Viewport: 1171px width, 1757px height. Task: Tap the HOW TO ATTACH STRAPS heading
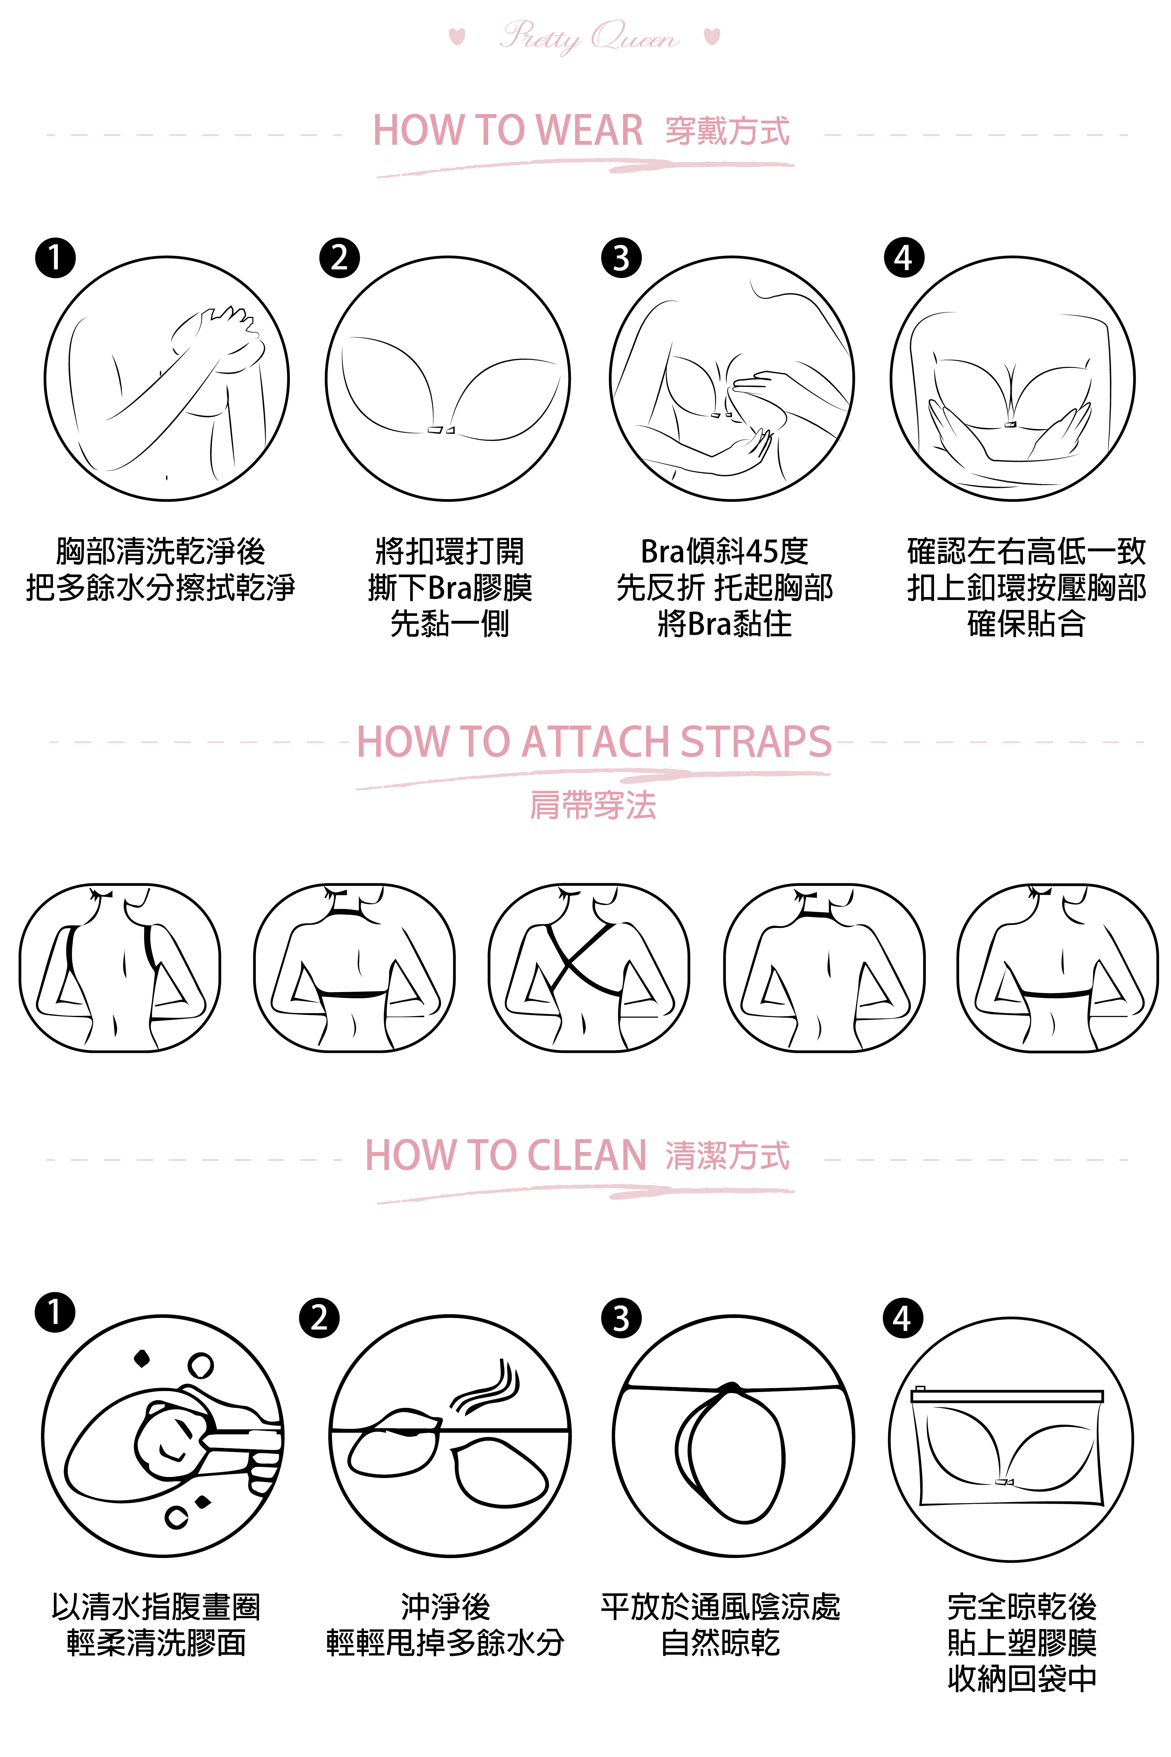tap(594, 742)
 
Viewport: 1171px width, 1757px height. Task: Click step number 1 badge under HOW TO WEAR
tap(55, 259)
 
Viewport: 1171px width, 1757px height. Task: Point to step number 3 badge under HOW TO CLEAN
tap(621, 1319)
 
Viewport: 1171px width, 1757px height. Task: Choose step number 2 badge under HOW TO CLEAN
tap(319, 1319)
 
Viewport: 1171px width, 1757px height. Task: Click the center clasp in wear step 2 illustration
tap(441, 430)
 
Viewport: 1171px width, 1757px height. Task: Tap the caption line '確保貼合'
tap(1026, 624)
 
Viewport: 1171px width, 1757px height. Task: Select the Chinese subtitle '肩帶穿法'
tap(593, 805)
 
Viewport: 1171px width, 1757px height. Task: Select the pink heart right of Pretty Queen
tap(713, 36)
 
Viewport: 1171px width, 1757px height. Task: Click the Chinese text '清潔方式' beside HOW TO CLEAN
tap(727, 1156)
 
